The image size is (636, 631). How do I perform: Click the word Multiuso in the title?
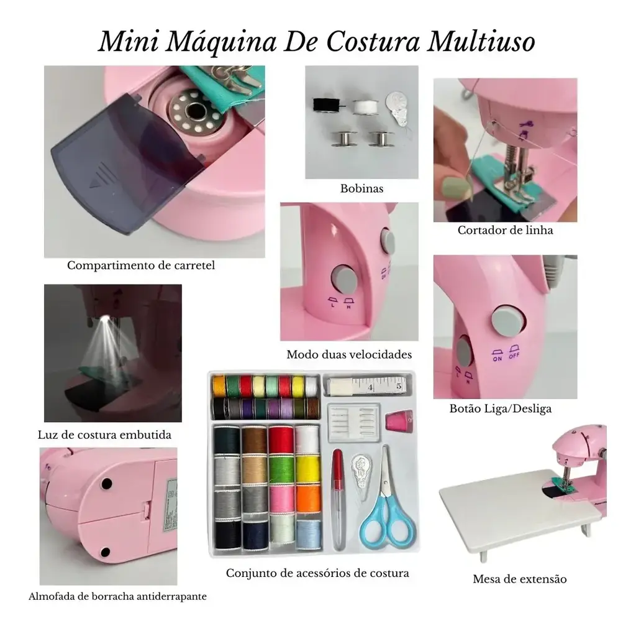481,42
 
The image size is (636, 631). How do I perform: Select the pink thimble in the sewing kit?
399,421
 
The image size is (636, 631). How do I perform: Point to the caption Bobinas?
361,188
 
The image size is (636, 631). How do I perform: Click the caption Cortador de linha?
505,230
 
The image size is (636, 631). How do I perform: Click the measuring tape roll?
368,385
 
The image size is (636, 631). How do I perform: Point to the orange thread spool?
309,499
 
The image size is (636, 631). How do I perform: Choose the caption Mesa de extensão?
520,579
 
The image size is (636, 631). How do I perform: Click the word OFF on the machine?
514,356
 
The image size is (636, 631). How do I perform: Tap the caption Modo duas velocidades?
349,354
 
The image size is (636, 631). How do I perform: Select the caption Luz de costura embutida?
104,435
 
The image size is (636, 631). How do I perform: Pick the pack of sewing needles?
353,422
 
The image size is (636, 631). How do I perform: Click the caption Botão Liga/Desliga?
500,408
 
